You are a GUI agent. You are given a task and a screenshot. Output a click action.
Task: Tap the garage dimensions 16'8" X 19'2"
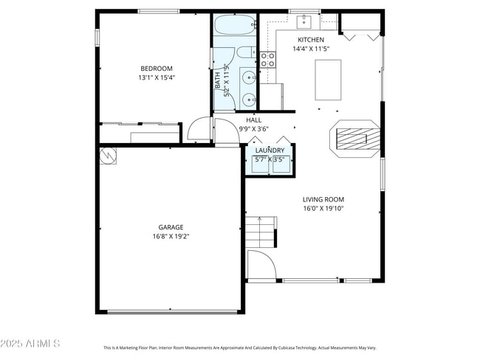pos(171,237)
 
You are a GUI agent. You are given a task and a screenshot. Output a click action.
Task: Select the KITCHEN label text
pos(310,40)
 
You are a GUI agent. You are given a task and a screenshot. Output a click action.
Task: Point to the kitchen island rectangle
pos(328,80)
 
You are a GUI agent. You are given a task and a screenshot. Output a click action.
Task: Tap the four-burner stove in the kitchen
pos(267,59)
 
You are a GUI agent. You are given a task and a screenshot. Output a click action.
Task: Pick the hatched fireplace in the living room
pos(353,137)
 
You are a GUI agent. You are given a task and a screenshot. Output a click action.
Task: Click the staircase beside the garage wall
pos(261,232)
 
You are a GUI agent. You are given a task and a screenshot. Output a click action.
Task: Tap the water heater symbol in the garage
pos(107,155)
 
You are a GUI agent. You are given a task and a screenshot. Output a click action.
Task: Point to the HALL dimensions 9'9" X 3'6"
pos(253,129)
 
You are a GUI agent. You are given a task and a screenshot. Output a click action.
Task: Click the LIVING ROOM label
pos(323,199)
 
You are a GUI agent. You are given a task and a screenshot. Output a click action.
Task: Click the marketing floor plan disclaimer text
pos(239,347)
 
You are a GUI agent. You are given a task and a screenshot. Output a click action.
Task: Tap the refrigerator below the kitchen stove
pos(270,95)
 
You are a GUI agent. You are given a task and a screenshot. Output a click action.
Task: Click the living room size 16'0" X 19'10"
pos(323,209)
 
